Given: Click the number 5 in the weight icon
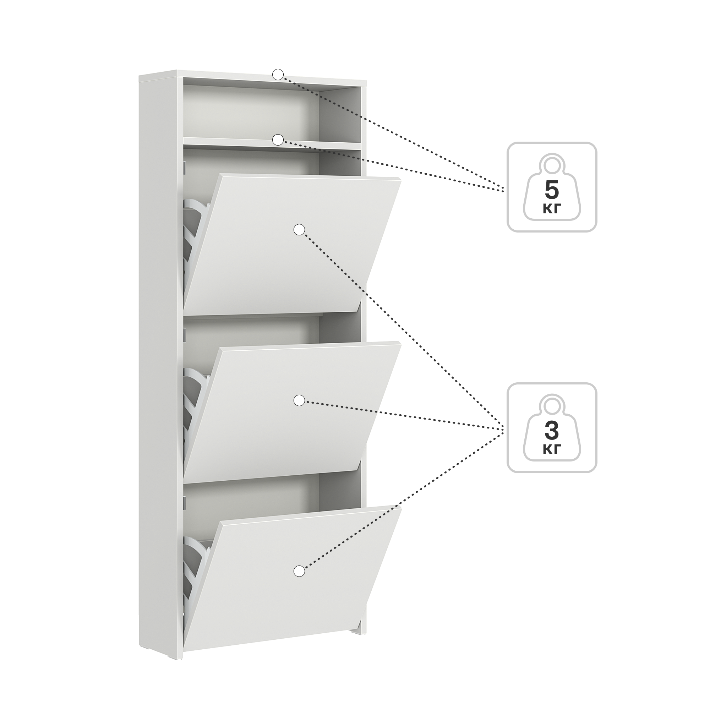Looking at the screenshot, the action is pos(552,190).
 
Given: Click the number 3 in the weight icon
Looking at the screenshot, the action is pos(552,431).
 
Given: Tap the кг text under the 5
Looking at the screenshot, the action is pos(552,209).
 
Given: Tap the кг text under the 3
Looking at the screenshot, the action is pos(552,449).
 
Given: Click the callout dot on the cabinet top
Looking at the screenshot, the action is pos(278,75).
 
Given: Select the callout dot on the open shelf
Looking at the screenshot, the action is pos(278,140).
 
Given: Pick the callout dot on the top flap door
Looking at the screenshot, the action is pos(300,230).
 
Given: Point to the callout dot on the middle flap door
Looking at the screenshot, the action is pos(300,400).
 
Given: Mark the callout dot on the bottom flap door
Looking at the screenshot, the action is pos(300,571).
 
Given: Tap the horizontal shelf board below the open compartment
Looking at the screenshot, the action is pos(272,144).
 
